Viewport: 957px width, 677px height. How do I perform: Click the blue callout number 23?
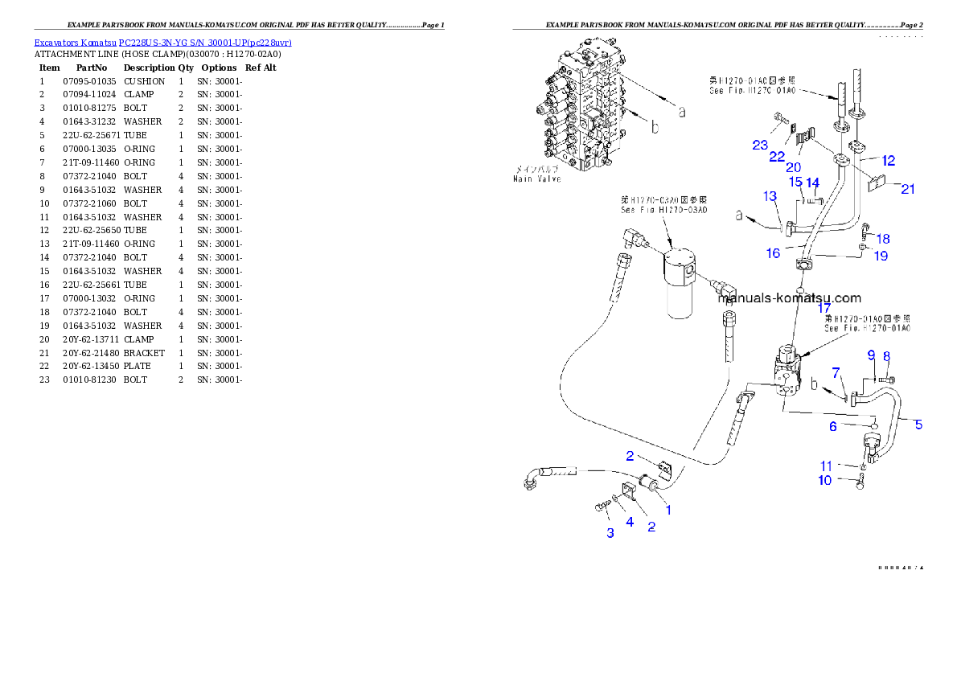point(761,145)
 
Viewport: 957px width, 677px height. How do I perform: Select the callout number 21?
point(908,189)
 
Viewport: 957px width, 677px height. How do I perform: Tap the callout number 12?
point(888,161)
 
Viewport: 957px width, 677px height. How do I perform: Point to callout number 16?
point(773,253)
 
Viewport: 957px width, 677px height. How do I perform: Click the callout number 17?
point(824,308)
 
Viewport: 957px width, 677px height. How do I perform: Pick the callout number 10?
point(825,480)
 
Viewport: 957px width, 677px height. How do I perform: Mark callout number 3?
point(610,532)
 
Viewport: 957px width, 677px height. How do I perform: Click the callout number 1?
point(667,509)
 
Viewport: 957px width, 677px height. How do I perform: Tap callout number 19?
point(881,256)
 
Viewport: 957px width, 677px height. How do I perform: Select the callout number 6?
point(833,426)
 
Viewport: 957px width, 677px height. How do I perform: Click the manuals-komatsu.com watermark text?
point(788,297)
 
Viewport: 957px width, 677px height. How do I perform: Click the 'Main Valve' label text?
point(537,178)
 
